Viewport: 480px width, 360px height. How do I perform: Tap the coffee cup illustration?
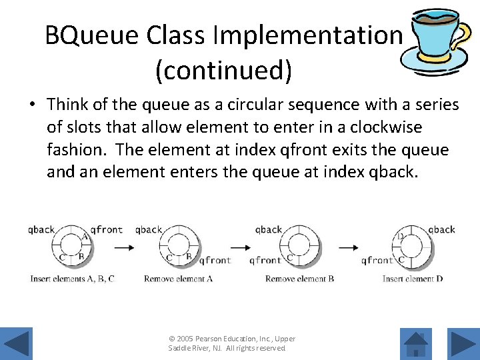437,41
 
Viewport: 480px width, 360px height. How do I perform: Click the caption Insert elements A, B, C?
73,279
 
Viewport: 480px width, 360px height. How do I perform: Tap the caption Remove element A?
178,279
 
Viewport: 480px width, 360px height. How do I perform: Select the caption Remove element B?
299,279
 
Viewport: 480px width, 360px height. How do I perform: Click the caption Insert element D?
413,279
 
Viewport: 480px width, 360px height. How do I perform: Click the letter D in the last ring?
401,236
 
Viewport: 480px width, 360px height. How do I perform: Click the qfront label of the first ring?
107,229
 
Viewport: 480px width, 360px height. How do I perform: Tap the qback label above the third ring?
269,229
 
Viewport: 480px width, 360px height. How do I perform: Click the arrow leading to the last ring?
348,247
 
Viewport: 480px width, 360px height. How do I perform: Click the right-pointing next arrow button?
461,343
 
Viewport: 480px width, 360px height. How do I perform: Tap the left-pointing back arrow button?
18,343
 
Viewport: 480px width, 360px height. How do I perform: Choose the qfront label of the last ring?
377,261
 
